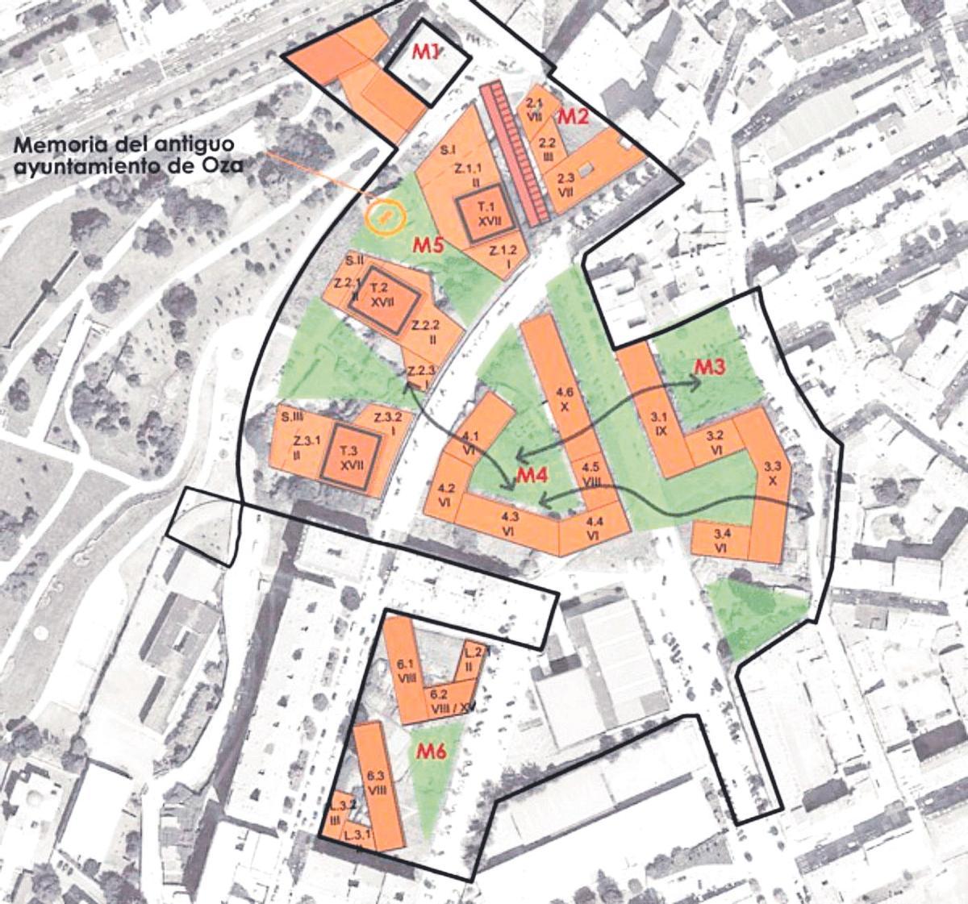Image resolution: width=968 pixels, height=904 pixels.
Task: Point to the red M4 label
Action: [532, 477]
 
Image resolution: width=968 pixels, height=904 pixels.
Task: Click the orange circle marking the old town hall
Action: [384, 215]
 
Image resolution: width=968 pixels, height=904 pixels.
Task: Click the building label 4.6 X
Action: [565, 399]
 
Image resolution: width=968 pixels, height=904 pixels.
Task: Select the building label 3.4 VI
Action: [722, 540]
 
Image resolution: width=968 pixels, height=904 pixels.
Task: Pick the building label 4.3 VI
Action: [509, 522]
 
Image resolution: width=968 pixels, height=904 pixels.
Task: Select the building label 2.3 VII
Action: [565, 185]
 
